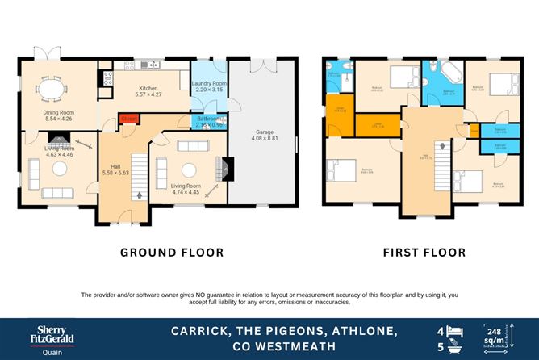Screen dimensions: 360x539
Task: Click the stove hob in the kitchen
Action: (106, 78)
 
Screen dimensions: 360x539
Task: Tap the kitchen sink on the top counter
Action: (146, 65)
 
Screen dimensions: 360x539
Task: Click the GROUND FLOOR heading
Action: (172, 253)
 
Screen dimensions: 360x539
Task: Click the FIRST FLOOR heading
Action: (424, 253)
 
